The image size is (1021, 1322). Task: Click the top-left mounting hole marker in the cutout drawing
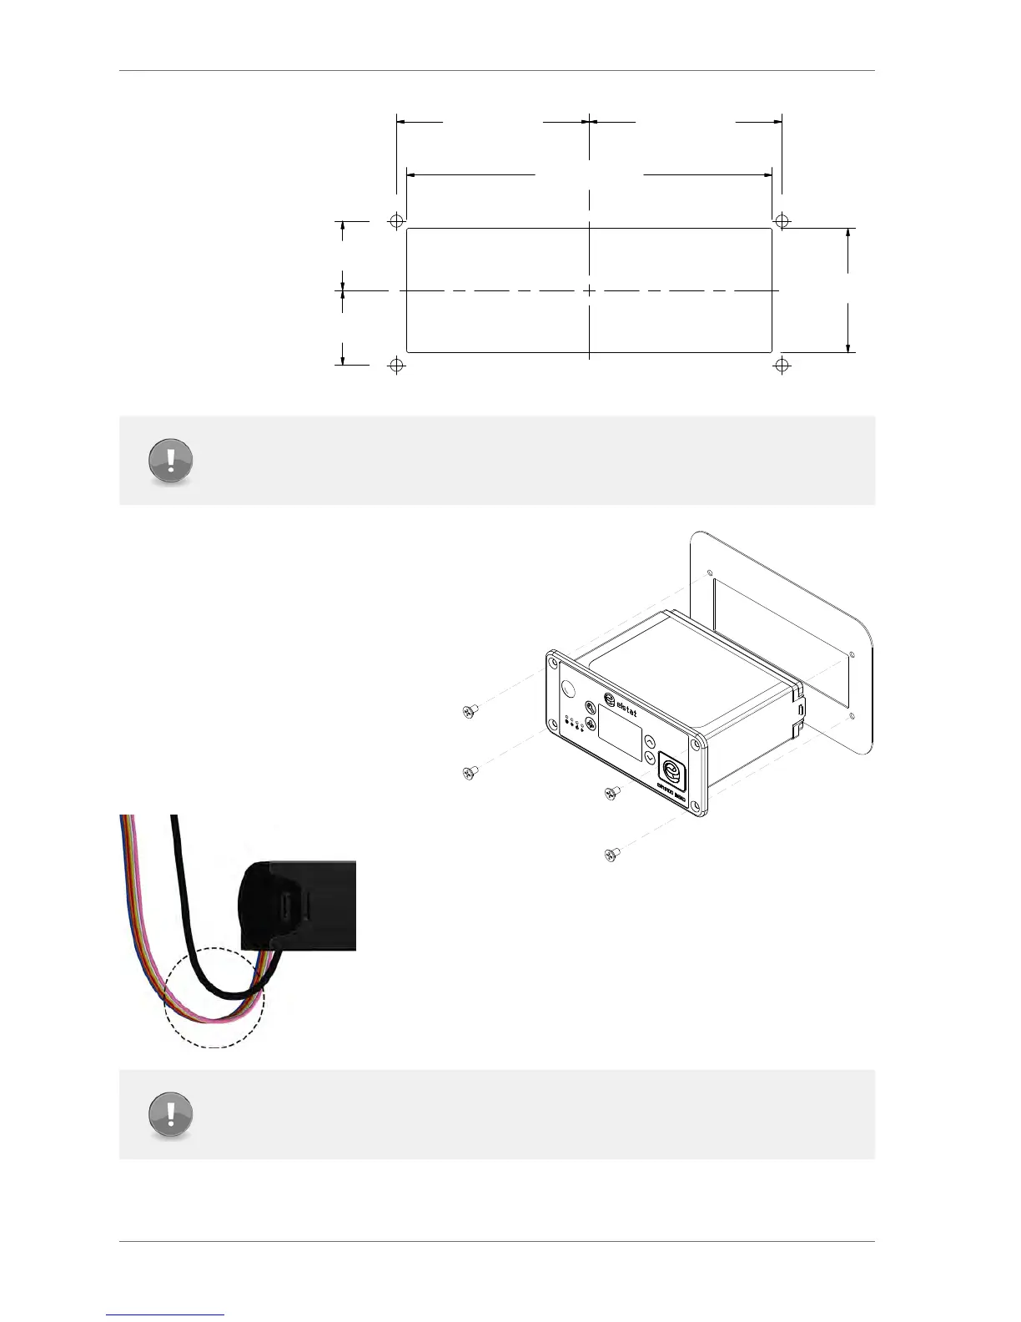pyautogui.click(x=397, y=221)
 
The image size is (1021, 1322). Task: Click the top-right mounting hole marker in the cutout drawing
pyautogui.click(x=782, y=221)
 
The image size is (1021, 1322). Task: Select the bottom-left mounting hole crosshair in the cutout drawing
pyautogui.click(x=397, y=365)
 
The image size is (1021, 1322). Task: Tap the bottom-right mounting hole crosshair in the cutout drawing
pyautogui.click(x=782, y=365)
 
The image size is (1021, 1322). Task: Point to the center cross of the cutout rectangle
pyautogui.click(x=589, y=290)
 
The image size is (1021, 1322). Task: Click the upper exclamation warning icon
pyautogui.click(x=170, y=460)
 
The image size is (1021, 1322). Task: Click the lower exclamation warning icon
pyautogui.click(x=170, y=1114)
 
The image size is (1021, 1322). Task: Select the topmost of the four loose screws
pyautogui.click(x=470, y=711)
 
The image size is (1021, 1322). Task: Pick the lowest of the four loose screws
pyautogui.click(x=611, y=854)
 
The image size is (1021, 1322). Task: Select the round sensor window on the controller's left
pyautogui.click(x=569, y=689)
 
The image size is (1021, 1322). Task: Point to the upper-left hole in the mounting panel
pyautogui.click(x=709, y=573)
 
